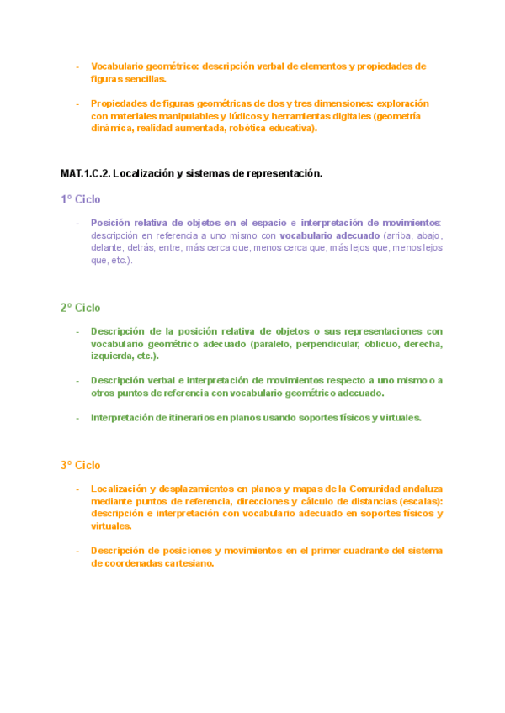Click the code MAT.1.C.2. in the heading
click(x=85, y=173)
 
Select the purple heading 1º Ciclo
click(x=80, y=200)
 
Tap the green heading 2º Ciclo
click(x=80, y=308)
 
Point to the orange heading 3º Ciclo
click(x=80, y=465)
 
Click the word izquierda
click(x=111, y=356)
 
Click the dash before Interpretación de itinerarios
click(x=77, y=418)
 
